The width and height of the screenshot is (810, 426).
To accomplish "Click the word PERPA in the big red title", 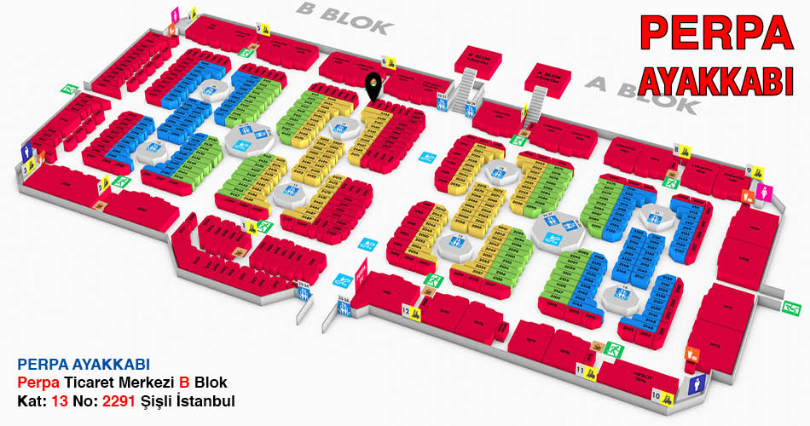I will [715, 32].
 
